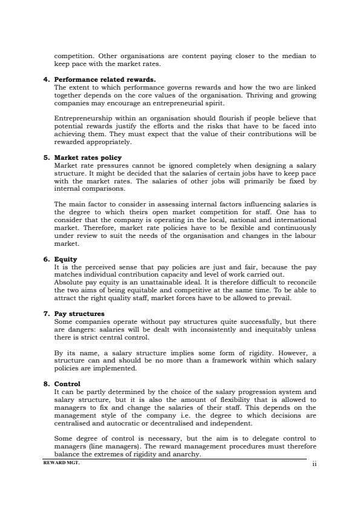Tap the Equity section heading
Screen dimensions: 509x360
pos(66,260)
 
